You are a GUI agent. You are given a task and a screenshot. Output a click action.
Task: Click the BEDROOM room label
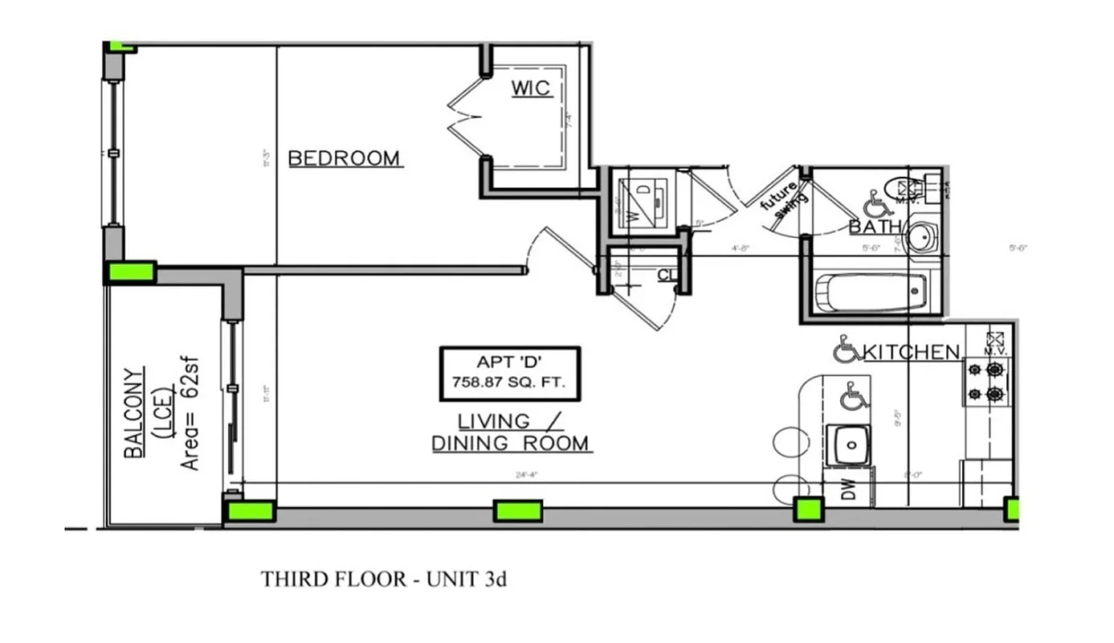coord(345,158)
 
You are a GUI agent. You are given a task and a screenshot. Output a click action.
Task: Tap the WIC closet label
coord(532,88)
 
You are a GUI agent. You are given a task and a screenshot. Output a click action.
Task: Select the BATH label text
coord(875,227)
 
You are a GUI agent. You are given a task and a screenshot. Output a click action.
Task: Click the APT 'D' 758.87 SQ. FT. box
coord(509,372)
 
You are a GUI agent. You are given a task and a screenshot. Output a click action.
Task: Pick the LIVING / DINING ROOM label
coord(512,432)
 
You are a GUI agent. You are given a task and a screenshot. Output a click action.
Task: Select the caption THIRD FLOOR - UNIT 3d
coord(383,579)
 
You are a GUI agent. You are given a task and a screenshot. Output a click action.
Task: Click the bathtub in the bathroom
coord(871,293)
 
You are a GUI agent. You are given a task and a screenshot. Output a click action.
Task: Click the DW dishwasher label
coord(849,489)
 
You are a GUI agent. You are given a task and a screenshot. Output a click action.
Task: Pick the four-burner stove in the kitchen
coord(986,382)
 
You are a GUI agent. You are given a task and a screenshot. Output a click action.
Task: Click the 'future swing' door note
coord(781,199)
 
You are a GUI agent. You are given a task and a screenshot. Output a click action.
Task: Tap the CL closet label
coord(666,276)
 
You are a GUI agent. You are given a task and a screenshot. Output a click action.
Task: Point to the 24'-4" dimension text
coord(526,475)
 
